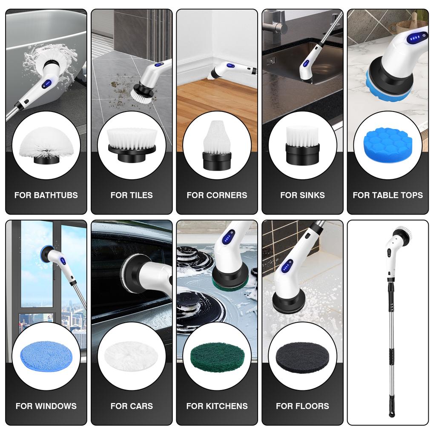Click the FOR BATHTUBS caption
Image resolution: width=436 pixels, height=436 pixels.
click(x=46, y=195)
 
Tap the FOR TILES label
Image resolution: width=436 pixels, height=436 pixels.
click(x=132, y=195)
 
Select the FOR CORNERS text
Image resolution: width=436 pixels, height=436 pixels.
click(x=217, y=195)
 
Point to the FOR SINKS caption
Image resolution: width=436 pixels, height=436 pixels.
click(x=302, y=195)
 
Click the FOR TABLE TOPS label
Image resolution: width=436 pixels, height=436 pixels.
click(x=387, y=195)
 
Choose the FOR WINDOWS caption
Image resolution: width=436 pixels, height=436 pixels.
click(x=46, y=406)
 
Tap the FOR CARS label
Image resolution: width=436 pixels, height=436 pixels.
click(x=132, y=406)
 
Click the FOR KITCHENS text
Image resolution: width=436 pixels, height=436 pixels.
click(x=217, y=406)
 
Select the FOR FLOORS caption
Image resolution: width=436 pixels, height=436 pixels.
click(x=302, y=406)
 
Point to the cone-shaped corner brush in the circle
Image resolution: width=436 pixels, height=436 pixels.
click(x=217, y=145)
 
